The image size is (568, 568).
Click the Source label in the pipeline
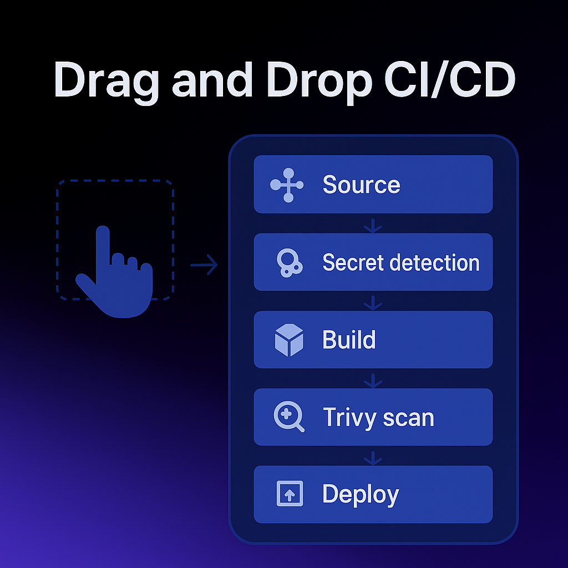pos(361,185)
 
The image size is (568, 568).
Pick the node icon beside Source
pos(287,185)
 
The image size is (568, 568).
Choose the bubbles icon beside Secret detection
pos(288,262)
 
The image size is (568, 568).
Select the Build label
pos(349,339)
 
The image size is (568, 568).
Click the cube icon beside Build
pos(289,340)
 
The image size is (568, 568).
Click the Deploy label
pos(361,494)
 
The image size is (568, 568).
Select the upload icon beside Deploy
pos(290,494)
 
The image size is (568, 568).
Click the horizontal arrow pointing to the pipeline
pos(204,265)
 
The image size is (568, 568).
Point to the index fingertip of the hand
pos(103,231)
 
